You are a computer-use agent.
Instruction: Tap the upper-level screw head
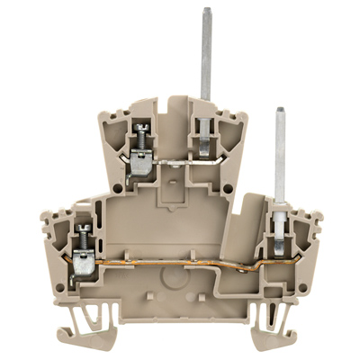click(139, 137)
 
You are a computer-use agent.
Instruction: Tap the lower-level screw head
click(80, 237)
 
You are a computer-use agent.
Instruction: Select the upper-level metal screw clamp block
click(141, 163)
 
